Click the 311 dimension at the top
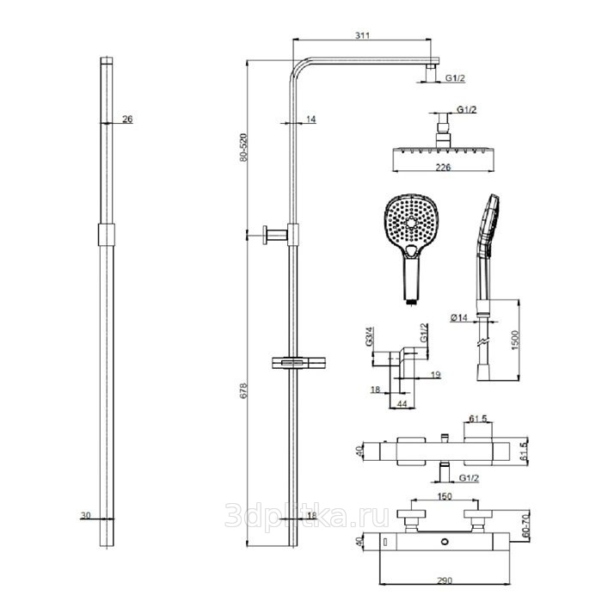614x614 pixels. coord(362,35)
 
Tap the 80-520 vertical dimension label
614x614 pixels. coord(243,147)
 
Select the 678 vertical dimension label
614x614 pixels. coord(243,390)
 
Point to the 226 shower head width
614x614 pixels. coord(443,167)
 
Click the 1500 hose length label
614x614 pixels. coord(514,340)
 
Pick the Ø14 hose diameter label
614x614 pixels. coord(459,317)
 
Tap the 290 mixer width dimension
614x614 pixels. coord(445,580)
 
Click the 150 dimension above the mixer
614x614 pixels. coord(445,496)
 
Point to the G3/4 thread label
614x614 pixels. coord(369,337)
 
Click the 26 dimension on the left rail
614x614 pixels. coord(127,119)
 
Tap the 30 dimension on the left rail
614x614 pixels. coord(85,515)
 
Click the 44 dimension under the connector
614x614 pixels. coord(402,403)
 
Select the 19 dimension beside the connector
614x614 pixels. coord(436,375)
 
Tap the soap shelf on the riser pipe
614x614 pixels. coord(298,363)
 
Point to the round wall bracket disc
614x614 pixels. coord(265,235)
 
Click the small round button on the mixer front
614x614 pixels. coord(445,542)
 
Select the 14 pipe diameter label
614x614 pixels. coord(311,119)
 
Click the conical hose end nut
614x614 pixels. coord(482,373)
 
